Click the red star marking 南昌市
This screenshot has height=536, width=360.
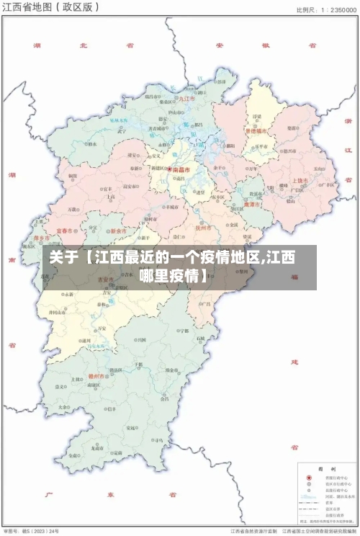tap(170, 170)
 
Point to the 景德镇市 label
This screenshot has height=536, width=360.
tap(256, 132)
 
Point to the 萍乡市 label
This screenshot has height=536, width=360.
tap(42, 238)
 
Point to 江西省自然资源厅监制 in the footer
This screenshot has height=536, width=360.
tap(253, 530)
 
